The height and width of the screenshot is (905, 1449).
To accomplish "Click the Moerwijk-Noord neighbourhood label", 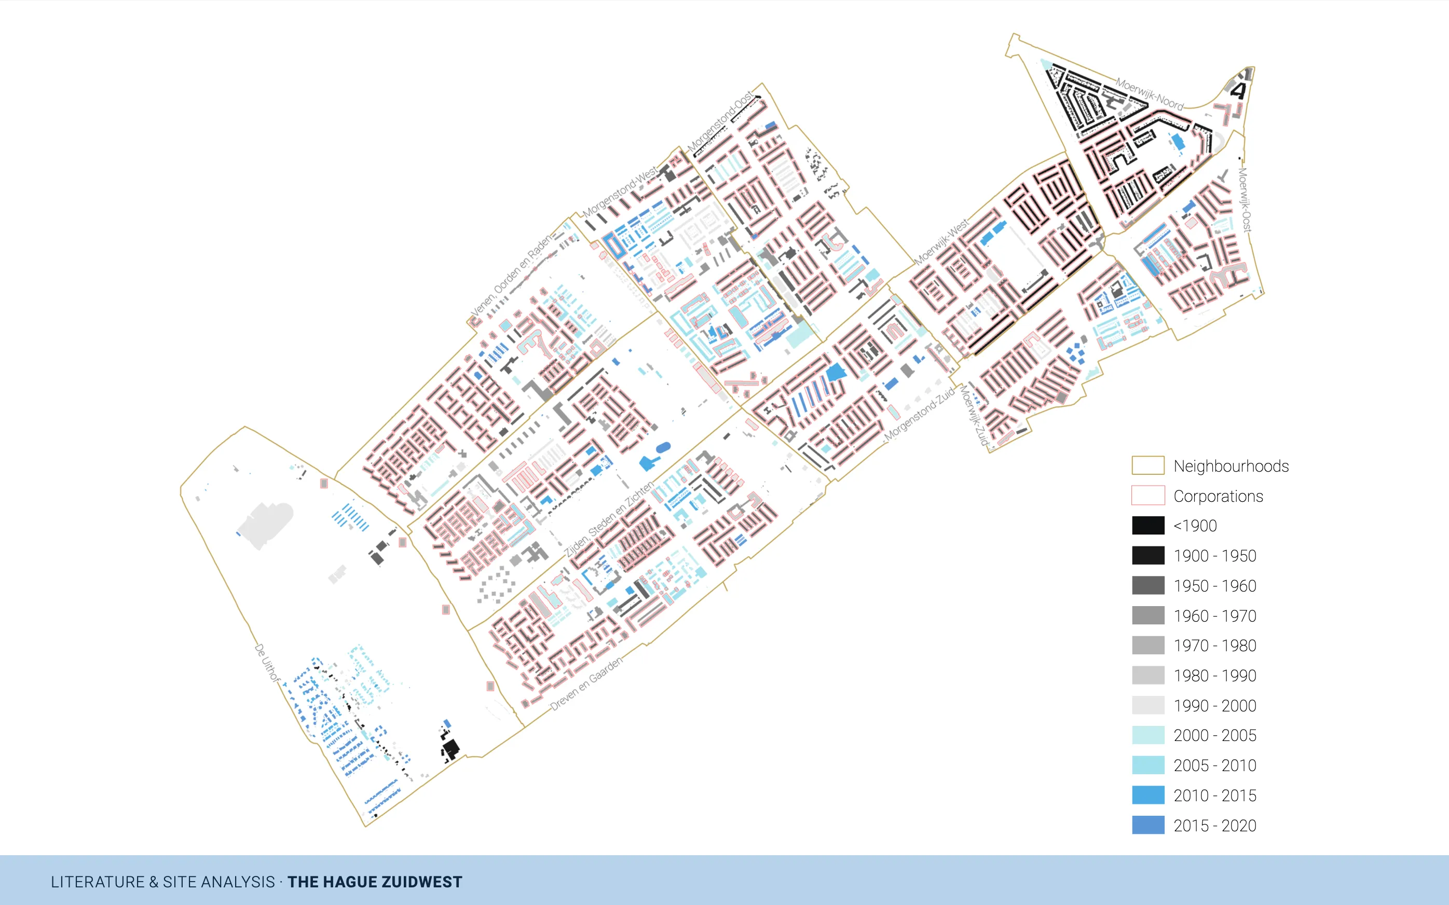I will click(1149, 94).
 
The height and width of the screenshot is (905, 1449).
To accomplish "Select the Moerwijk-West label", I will click(941, 242).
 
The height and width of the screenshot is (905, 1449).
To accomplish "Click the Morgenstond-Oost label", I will click(720, 122).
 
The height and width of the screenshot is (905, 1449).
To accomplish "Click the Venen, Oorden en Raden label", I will click(513, 276).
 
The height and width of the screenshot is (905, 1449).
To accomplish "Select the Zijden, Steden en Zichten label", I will click(609, 519).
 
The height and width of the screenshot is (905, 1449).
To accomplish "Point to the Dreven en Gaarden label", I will click(586, 683).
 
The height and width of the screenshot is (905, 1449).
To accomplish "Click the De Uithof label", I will click(267, 663).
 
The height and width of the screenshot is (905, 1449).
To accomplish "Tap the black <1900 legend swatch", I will click(1147, 526).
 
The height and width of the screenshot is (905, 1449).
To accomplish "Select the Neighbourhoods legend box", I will click(1147, 465).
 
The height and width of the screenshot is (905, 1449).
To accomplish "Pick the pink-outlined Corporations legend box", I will click(1147, 496).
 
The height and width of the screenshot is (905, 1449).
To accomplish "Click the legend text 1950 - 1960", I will click(1214, 586).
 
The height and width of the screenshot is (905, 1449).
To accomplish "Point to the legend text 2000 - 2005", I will click(1214, 736).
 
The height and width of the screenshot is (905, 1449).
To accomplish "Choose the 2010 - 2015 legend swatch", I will click(1147, 795).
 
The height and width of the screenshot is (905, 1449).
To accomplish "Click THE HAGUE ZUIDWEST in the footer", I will click(375, 882).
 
